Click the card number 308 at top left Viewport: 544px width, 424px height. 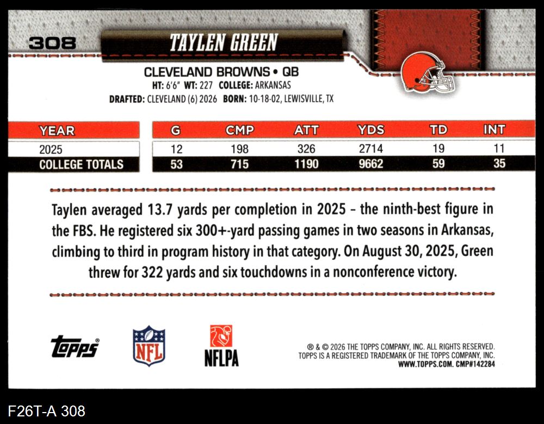click(x=52, y=43)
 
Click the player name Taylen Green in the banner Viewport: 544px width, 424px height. click(x=224, y=42)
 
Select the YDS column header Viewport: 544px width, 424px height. click(x=371, y=130)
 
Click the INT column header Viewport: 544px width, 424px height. click(x=494, y=129)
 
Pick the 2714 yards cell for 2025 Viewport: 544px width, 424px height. click(x=371, y=149)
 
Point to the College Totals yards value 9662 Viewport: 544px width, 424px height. click(x=371, y=164)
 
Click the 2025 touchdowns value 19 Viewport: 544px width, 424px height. click(x=438, y=149)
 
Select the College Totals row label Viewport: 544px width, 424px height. click(x=81, y=164)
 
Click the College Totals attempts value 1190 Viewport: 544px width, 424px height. click(x=306, y=164)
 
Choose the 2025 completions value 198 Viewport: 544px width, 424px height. click(x=240, y=149)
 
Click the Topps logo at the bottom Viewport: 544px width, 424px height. click(x=75, y=346)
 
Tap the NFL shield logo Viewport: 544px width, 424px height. click(x=149, y=345)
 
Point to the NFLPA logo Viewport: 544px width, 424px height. click(x=221, y=345)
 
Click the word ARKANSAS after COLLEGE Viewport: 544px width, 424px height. click(x=273, y=85)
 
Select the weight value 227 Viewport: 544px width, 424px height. click(x=206, y=85)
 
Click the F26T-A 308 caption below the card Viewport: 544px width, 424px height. click(x=46, y=411)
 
